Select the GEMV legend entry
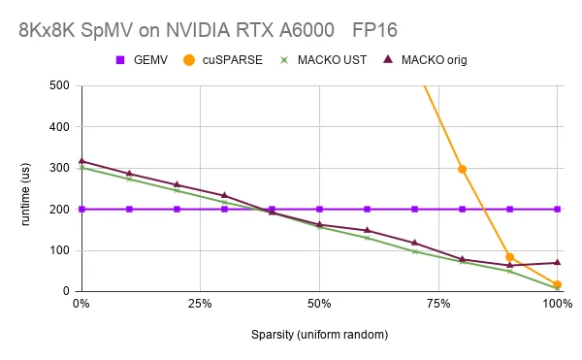coord(143,60)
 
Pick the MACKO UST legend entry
coord(320,60)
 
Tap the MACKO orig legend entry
coord(425,60)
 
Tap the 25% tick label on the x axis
coord(200,304)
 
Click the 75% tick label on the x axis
coord(438,304)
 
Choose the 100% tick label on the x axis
coord(556,304)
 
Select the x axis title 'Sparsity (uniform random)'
coord(319,334)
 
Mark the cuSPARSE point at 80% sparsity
coord(463,169)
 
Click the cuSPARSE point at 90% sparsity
coord(510,257)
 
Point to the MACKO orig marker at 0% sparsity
coord(81,161)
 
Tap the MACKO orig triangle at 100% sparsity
coord(558,262)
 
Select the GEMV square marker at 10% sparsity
coord(129,209)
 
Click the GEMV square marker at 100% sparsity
coord(558,209)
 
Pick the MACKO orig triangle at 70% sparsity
coord(415,243)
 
